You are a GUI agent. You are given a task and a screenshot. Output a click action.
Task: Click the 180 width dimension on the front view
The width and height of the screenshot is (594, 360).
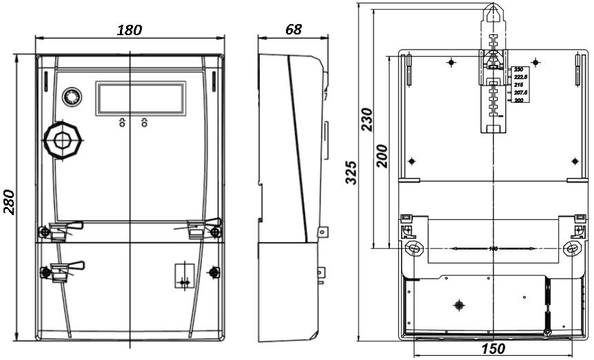tap(130, 30)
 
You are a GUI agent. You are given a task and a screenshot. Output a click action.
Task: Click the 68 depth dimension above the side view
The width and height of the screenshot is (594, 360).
tap(293, 29)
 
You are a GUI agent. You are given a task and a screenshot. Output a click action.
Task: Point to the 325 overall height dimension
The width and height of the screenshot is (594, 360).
tap(351, 172)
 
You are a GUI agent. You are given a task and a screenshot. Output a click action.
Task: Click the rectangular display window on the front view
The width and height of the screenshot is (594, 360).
tap(141, 98)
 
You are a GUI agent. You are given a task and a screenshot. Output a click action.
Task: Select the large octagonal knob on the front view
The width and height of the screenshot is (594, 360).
tap(63, 140)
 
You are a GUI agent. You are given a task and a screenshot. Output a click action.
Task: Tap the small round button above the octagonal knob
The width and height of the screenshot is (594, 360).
tap(71, 97)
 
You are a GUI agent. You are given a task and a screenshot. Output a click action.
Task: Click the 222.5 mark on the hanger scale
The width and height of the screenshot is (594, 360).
tap(520, 77)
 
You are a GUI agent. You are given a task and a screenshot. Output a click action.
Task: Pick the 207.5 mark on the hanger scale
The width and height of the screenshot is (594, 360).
tap(520, 92)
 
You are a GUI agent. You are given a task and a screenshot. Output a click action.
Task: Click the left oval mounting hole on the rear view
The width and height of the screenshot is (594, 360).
tap(413, 248)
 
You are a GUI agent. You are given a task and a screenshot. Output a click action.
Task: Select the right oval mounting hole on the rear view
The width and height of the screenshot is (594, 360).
tap(571, 248)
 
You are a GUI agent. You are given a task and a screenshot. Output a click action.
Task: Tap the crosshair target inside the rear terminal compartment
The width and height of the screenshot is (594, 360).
tap(459, 305)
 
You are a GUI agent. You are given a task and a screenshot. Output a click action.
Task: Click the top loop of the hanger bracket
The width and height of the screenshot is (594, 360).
tap(492, 12)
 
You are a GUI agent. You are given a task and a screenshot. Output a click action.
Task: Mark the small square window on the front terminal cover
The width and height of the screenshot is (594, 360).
tap(184, 274)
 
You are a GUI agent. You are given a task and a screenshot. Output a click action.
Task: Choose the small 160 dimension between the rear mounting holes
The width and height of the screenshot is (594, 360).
tap(493, 248)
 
